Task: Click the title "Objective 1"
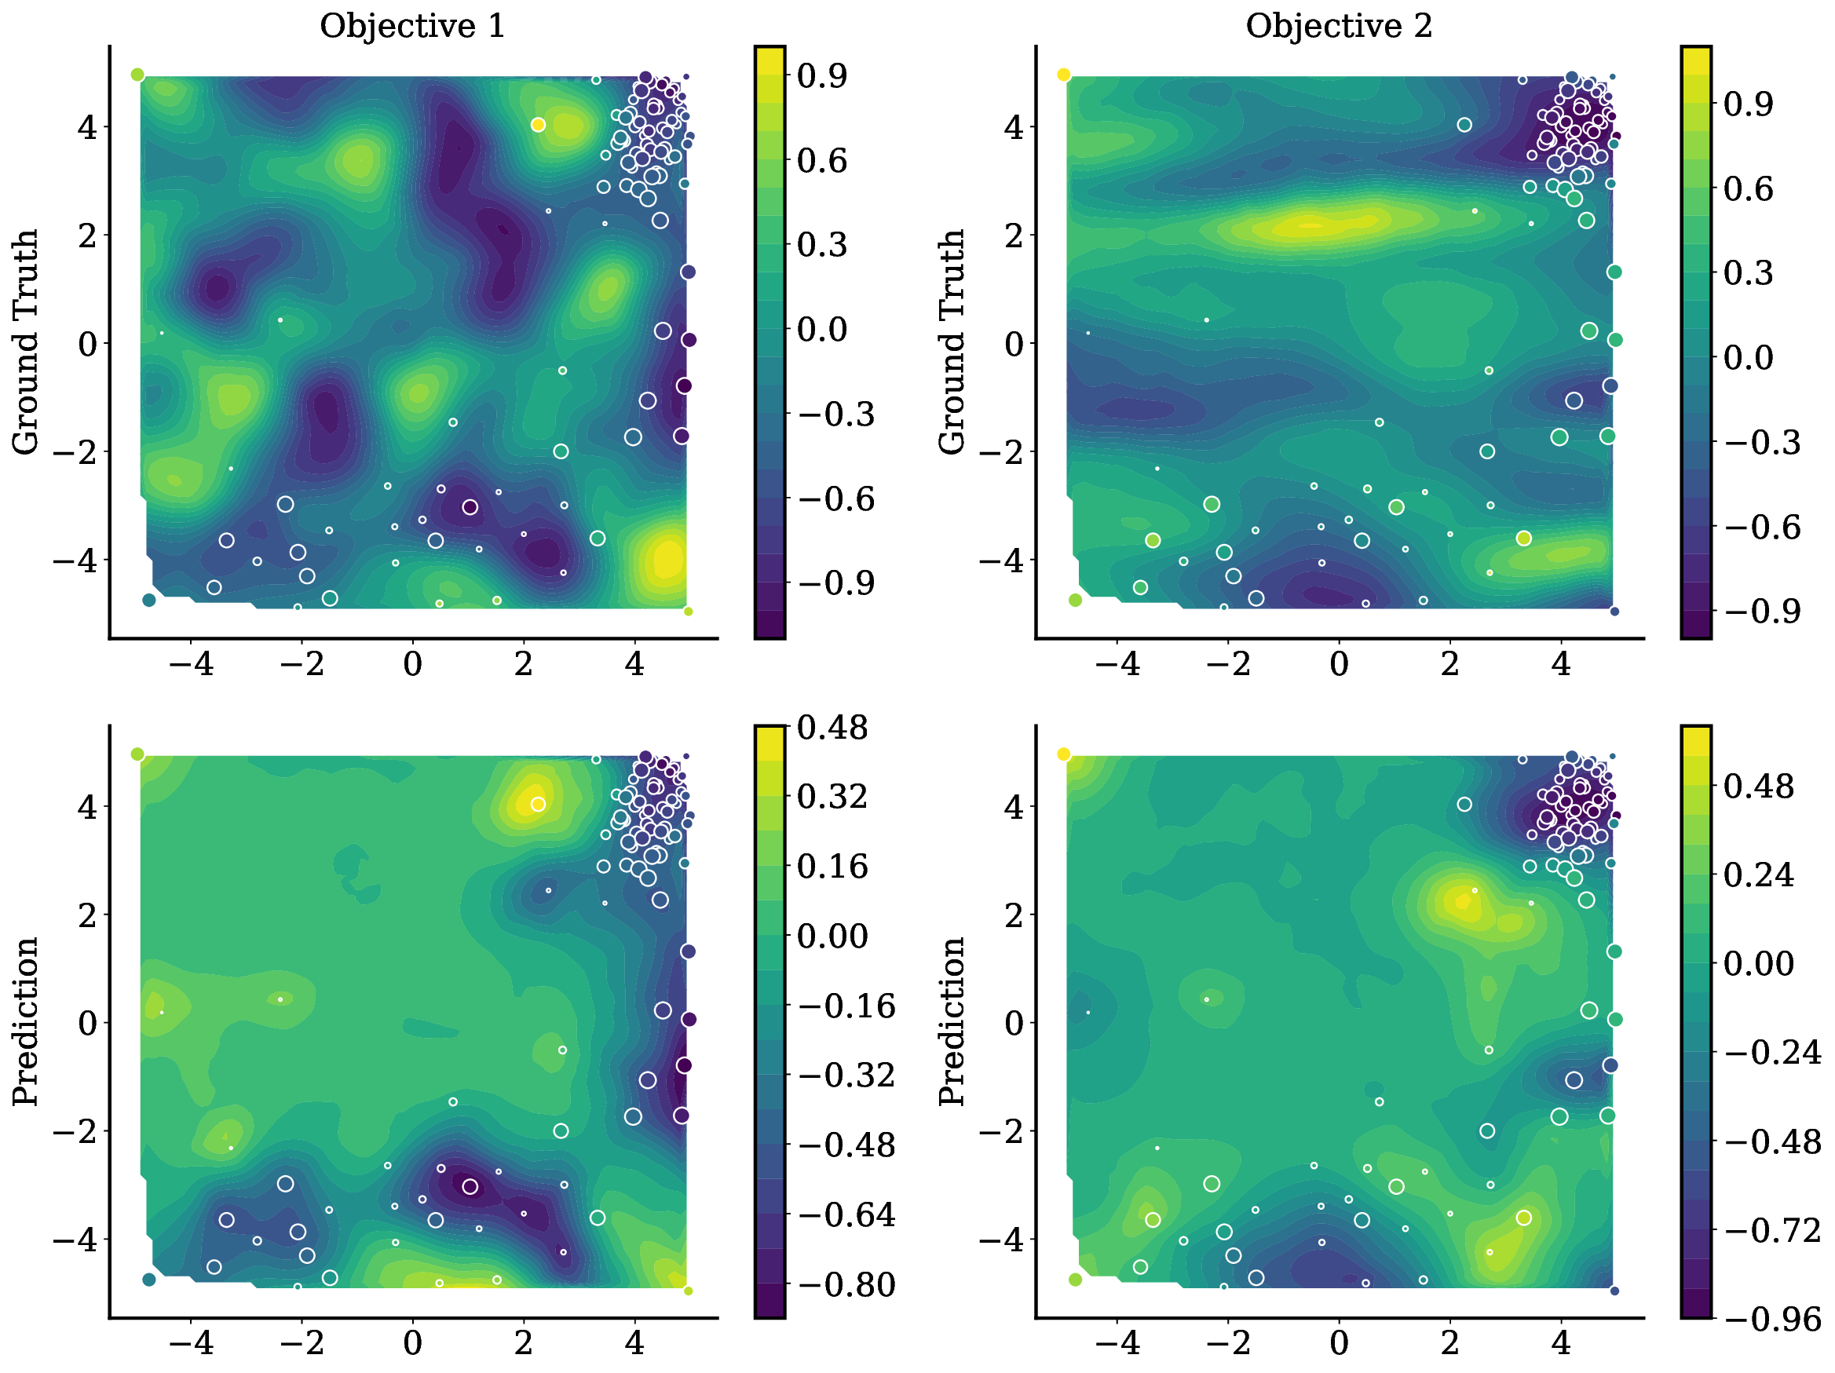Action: [x=412, y=27]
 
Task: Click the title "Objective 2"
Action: [x=1338, y=27]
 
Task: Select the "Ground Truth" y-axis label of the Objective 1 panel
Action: [x=26, y=341]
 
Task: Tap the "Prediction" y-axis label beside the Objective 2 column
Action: [x=952, y=1021]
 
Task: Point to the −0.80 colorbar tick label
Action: [x=846, y=1285]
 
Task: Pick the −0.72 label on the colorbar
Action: [x=1772, y=1229]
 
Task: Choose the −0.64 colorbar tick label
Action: [x=846, y=1215]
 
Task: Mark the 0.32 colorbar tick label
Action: [x=832, y=797]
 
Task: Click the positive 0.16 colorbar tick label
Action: [x=832, y=867]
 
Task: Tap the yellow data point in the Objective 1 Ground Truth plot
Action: [x=538, y=125]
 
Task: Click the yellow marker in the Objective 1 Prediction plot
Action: [x=538, y=804]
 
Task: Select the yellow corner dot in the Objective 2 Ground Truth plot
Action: [x=1063, y=75]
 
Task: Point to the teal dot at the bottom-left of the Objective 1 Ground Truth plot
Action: [x=149, y=600]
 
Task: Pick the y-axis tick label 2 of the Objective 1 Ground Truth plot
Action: [x=87, y=236]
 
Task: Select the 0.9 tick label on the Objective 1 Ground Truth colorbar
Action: [x=821, y=76]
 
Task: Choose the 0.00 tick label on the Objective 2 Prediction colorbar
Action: [x=1758, y=964]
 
